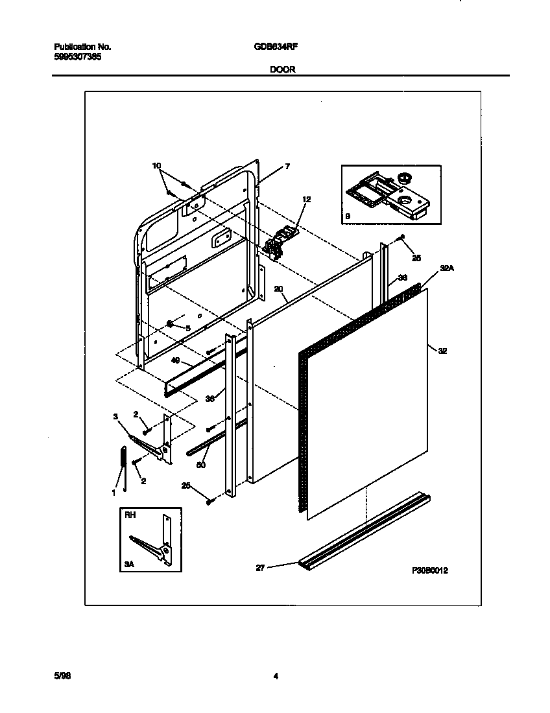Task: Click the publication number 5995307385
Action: pos(77,56)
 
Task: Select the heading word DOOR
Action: pos(283,69)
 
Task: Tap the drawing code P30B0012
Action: pos(430,570)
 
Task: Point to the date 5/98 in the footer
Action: pos(62,675)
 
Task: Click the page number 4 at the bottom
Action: pos(276,676)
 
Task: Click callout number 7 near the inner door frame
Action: pos(287,167)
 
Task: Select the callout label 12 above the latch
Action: pos(306,200)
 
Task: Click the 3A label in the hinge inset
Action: pos(129,565)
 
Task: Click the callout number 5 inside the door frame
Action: pos(187,329)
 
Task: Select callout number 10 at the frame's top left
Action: pos(156,166)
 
